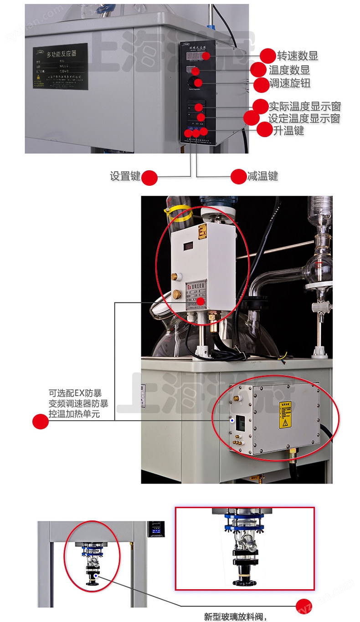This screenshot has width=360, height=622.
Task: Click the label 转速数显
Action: (x=298, y=56)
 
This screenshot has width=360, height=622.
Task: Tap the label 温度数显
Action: (x=289, y=70)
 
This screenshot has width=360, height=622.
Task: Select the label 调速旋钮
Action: (x=290, y=84)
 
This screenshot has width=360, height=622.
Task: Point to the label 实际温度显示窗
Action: (x=304, y=107)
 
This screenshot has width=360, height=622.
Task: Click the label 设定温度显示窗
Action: (x=304, y=119)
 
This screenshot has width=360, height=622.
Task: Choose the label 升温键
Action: (x=288, y=131)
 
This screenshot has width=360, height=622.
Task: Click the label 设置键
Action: (x=125, y=176)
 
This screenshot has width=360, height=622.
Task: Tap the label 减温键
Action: (x=262, y=176)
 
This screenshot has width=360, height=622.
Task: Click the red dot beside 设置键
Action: (x=149, y=177)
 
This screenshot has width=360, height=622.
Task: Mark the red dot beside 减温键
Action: (x=238, y=177)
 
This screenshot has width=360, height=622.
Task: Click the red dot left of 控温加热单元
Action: (x=41, y=421)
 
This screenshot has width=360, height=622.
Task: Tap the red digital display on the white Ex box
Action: (x=188, y=246)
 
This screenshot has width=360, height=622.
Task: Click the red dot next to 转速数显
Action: (x=268, y=55)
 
